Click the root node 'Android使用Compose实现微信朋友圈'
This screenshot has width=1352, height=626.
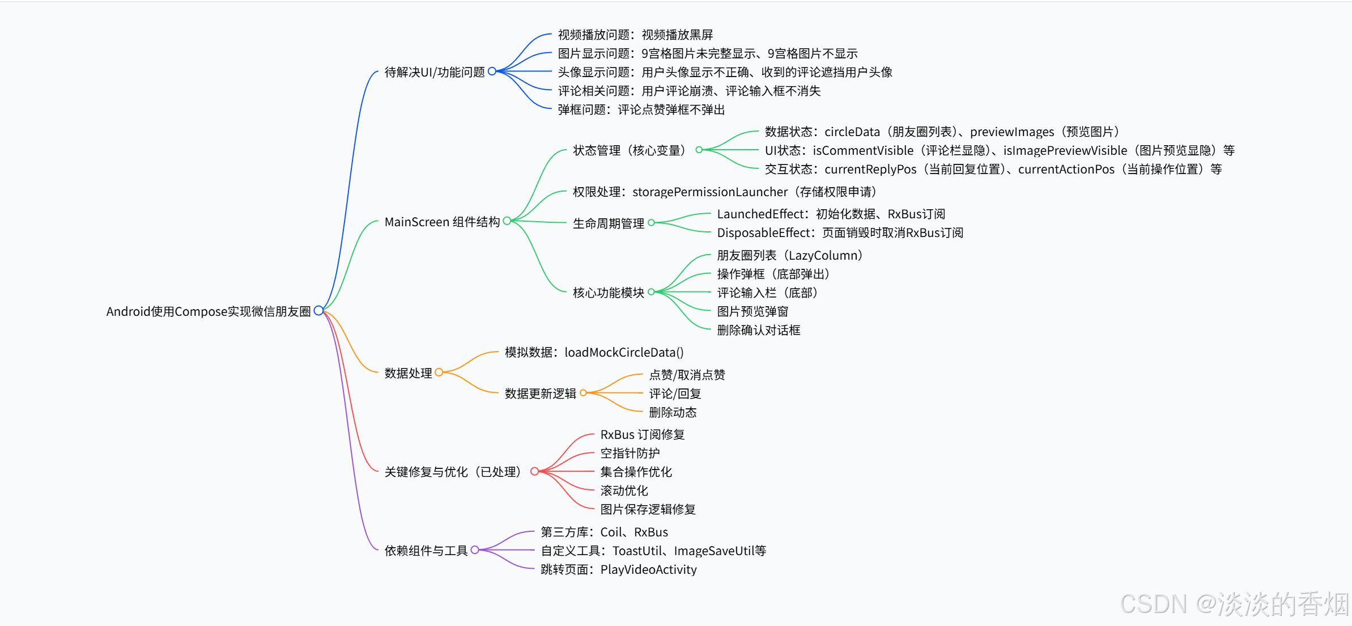208,311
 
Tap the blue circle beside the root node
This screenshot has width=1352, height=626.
318,311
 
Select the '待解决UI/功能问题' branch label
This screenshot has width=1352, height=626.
434,72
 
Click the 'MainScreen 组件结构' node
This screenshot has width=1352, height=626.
441,222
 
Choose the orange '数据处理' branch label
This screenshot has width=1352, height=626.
408,373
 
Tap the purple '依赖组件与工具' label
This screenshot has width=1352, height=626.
426,551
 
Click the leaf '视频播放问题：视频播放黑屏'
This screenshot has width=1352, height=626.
635,35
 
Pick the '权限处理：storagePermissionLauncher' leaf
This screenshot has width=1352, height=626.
724,192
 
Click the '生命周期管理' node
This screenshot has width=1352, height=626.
608,223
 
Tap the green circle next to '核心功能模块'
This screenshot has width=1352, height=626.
652,292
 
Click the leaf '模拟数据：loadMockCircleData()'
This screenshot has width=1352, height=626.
594,352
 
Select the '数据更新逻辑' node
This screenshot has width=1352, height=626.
540,394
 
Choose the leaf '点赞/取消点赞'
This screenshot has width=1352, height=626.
687,375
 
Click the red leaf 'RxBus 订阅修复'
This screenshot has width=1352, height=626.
642,434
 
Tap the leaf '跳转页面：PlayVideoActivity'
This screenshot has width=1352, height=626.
618,569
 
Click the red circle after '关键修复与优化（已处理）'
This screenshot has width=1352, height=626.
534,471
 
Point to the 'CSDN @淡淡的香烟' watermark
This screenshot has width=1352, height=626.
1234,603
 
